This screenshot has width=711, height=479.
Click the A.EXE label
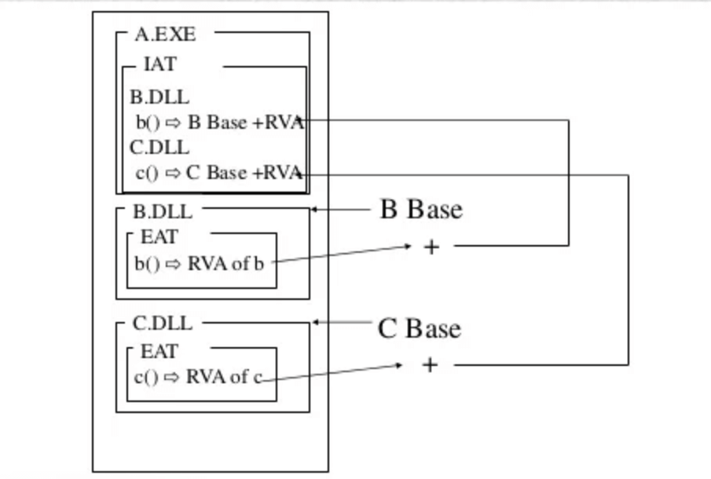(165, 35)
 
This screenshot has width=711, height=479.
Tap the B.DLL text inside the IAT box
(159, 98)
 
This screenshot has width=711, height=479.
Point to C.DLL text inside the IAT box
(159, 148)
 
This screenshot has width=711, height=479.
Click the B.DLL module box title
(163, 211)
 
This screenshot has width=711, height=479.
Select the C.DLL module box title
(163, 324)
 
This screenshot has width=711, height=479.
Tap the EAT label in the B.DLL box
(159, 236)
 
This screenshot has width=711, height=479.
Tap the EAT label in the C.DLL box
(159, 350)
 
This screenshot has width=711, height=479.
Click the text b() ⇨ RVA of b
(200, 264)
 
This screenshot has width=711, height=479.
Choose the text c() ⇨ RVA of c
(197, 377)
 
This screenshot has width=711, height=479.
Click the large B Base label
(421, 210)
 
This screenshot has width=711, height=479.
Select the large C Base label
(420, 327)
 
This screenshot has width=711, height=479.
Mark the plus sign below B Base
(431, 247)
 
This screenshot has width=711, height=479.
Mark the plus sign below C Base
(430, 364)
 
